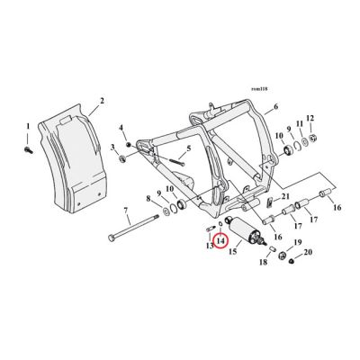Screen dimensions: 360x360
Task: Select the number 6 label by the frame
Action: point(275,106)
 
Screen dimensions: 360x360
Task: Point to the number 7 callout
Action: point(125,211)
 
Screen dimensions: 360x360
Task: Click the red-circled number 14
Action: point(219,244)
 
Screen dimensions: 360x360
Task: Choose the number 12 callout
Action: point(310,118)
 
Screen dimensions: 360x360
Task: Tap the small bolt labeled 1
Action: point(29,142)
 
